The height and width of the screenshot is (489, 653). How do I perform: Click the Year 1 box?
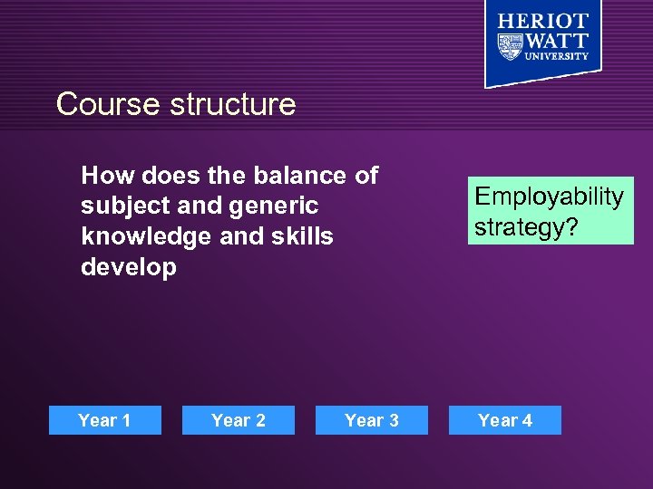tap(104, 420)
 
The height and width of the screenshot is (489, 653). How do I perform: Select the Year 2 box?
tap(239, 420)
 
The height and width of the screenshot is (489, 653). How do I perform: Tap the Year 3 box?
tap(372, 420)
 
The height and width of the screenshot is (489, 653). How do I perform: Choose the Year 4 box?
tap(505, 420)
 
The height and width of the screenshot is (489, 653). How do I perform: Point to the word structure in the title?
tap(233, 104)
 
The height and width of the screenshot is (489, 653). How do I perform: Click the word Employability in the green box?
tap(550, 197)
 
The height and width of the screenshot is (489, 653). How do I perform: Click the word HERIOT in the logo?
tap(542, 22)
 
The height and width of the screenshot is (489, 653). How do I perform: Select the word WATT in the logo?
tap(558, 42)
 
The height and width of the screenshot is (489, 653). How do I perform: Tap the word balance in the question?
tap(293, 175)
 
